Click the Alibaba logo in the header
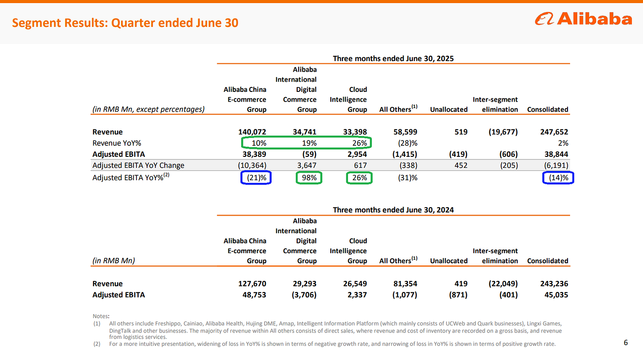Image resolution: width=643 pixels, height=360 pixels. pyautogui.click(x=583, y=19)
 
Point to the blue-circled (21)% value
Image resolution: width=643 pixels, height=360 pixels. pyautogui.click(x=257, y=178)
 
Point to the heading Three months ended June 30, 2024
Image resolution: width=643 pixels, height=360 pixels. pyautogui.click(x=393, y=210)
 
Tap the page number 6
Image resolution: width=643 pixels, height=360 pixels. pyautogui.click(x=626, y=342)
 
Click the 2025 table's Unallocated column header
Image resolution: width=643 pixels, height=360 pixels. pyautogui.click(x=449, y=110)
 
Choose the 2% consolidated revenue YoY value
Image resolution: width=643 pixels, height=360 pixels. pyautogui.click(x=563, y=143)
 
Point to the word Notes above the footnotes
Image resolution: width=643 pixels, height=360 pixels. pyautogui.click(x=101, y=316)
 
